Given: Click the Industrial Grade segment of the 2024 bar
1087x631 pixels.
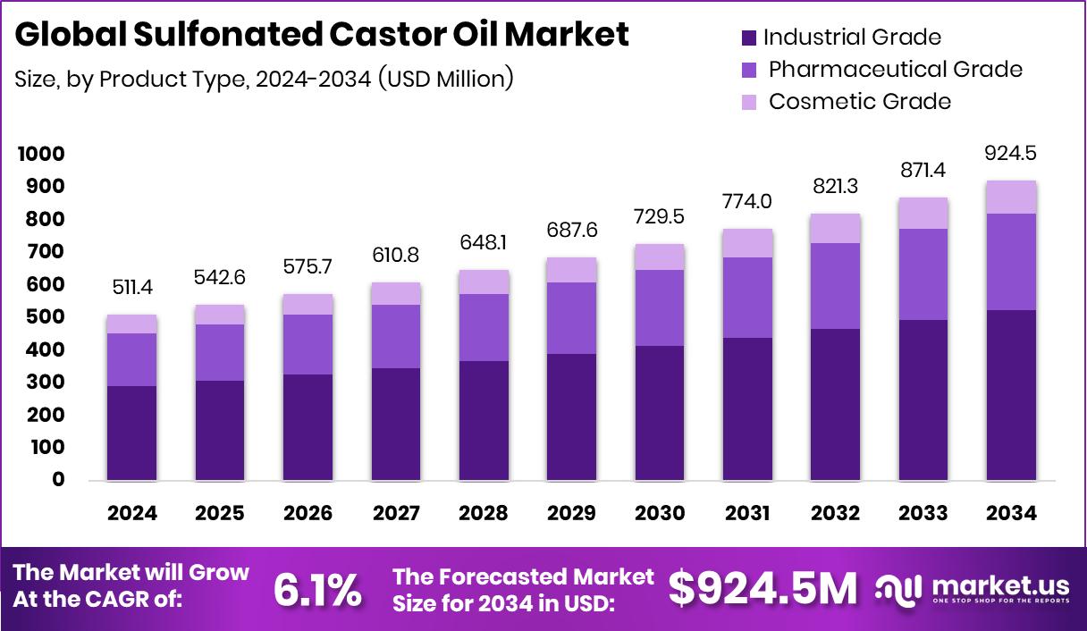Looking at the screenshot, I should (x=131, y=433).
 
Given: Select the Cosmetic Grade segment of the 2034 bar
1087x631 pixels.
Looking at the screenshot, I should (x=1011, y=198).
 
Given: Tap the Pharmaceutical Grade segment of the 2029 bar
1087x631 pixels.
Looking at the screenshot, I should (x=571, y=318).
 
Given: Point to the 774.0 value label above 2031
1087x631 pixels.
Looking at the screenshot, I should (x=747, y=202).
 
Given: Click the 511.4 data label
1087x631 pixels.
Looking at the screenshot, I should (x=131, y=288).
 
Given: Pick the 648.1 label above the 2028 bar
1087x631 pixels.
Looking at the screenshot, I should (x=484, y=243).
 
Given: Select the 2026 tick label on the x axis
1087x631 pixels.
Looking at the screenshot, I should (x=308, y=513).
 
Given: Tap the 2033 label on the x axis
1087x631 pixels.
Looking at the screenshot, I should (x=923, y=513).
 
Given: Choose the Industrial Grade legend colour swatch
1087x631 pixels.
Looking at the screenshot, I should (x=749, y=38).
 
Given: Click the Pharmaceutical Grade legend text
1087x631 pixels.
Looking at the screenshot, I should (x=895, y=69).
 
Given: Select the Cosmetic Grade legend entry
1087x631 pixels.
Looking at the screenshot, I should (x=859, y=101).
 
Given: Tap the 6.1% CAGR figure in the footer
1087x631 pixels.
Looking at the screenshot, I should (x=317, y=589).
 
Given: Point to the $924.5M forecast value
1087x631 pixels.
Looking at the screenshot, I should (x=763, y=588).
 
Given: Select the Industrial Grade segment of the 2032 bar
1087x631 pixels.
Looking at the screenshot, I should (x=835, y=405).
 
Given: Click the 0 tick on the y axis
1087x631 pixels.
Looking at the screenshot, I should (x=58, y=480).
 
